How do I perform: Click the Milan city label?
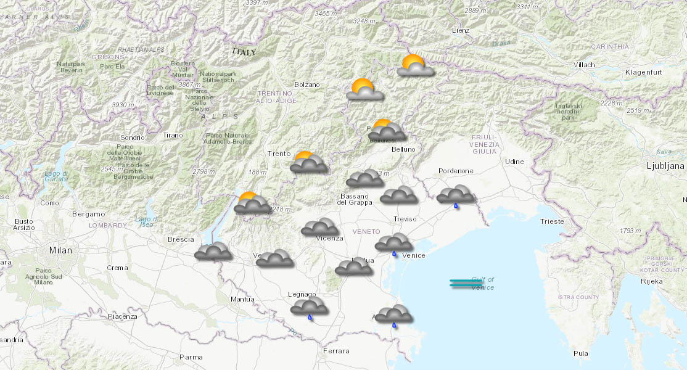click(60, 250)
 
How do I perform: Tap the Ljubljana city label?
click(665, 166)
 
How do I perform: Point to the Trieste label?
click(551, 221)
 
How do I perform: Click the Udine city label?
click(514, 162)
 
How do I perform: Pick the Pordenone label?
click(456, 171)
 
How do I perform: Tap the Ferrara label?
click(335, 351)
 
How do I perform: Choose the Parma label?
click(191, 356)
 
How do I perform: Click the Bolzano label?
click(306, 84)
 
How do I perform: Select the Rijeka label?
click(651, 281)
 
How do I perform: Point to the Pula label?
click(580, 353)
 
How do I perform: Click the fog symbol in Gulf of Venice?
click(466, 284)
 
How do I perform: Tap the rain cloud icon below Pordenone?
click(455, 196)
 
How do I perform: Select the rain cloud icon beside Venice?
click(393, 244)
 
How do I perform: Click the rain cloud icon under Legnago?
click(309, 308)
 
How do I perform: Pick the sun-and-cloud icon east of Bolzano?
click(364, 91)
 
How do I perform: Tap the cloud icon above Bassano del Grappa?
click(364, 179)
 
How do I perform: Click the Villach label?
click(583, 65)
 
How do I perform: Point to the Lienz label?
click(460, 30)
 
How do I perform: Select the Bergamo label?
click(88, 214)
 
